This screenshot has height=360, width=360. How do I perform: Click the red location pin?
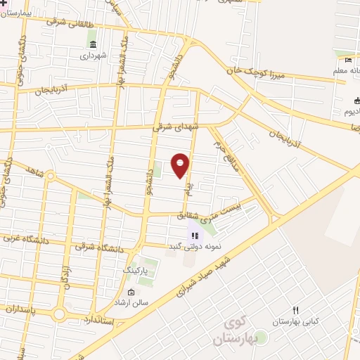tap(181, 165)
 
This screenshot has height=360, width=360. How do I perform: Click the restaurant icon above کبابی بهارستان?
tap(295, 310)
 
